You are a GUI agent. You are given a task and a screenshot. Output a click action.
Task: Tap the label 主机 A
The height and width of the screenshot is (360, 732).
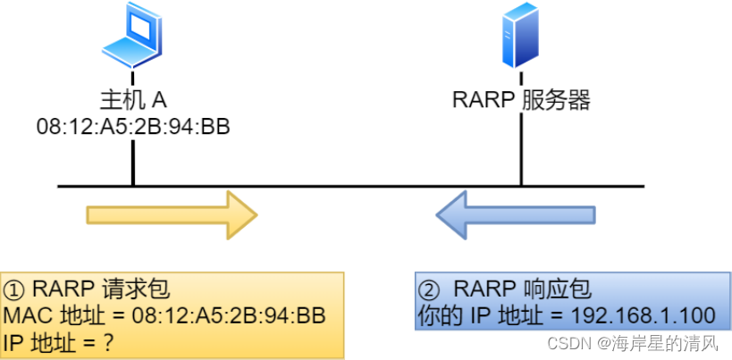pos(133,98)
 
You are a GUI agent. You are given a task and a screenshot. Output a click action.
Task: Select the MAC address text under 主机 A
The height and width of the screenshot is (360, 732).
pos(133,126)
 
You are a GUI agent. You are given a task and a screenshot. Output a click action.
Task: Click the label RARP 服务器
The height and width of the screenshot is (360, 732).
pos(522,99)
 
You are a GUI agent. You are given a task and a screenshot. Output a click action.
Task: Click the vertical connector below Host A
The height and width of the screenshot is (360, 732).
pos(133,163)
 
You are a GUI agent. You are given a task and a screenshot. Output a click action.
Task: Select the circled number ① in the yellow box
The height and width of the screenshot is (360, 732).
pos(15,289)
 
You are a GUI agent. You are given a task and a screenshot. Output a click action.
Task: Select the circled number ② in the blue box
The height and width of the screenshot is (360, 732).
pos(430,289)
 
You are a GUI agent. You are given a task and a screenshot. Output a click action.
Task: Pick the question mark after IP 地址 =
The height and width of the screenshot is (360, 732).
pos(111,343)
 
